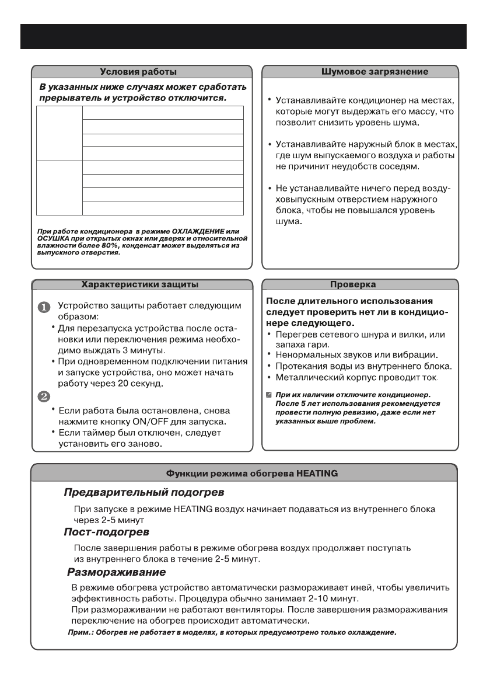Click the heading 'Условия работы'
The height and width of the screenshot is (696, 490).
[x=138, y=72]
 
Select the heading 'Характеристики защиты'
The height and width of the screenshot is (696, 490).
[x=139, y=284]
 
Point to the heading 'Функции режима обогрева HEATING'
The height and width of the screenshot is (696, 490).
[x=244, y=473]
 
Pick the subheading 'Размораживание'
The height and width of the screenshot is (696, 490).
[x=117, y=571]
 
